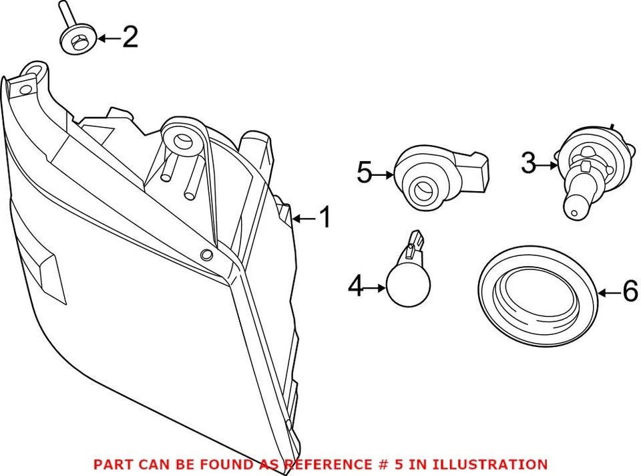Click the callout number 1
pyautogui.click(x=324, y=218)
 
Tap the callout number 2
pyautogui.click(x=130, y=37)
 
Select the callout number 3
pyautogui.click(x=528, y=163)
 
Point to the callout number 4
pyautogui.click(x=356, y=287)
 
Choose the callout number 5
pyautogui.click(x=364, y=174)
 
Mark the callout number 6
pyautogui.click(x=630, y=291)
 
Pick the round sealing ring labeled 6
pyautogui.click(x=538, y=295)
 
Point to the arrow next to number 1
pyautogui.click(x=304, y=219)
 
